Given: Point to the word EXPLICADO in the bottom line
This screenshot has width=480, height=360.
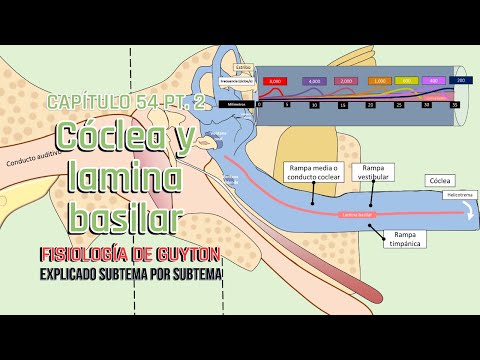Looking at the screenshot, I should pyautogui.click(x=77, y=272).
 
